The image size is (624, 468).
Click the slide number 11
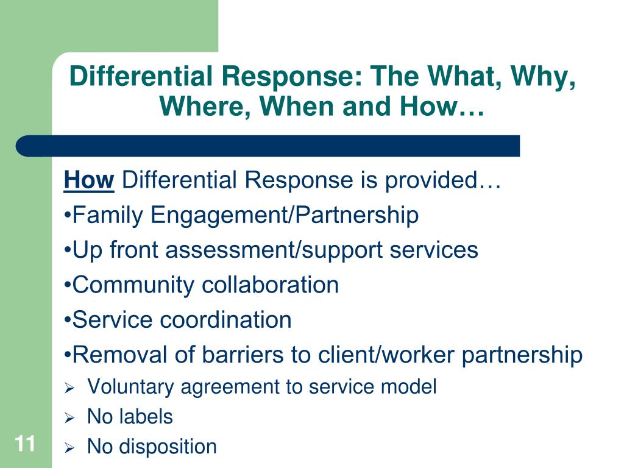pos(25,444)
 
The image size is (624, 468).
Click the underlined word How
pos(89,181)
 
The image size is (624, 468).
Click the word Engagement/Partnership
pos(285,216)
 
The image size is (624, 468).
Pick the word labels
pos(146,417)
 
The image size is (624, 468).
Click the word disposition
pos(168,447)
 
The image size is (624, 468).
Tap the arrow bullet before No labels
pos(69,419)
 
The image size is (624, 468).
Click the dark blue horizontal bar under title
pos(268,146)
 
